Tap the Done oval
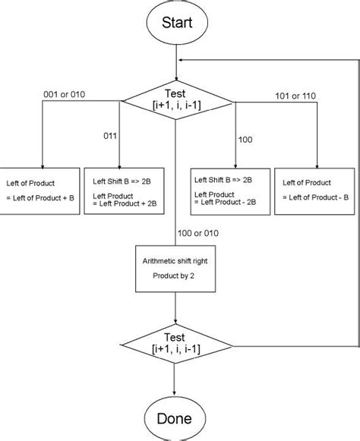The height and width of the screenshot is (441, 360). (x=175, y=417)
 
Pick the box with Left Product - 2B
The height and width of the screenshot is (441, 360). (x=229, y=189)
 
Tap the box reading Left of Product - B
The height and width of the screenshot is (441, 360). (x=317, y=189)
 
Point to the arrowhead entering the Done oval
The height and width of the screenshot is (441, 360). (x=175, y=392)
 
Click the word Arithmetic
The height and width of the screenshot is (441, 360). (x=158, y=260)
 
